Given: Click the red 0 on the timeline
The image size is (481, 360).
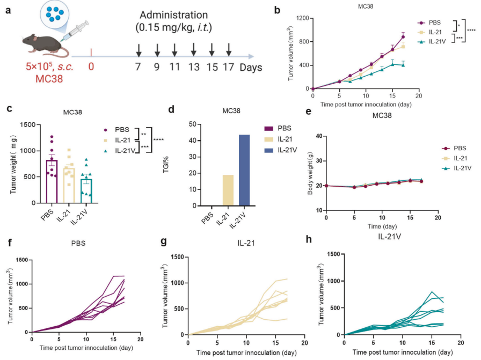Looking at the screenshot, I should (91, 68).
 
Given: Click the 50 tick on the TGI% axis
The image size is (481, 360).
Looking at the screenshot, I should (192, 124).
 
